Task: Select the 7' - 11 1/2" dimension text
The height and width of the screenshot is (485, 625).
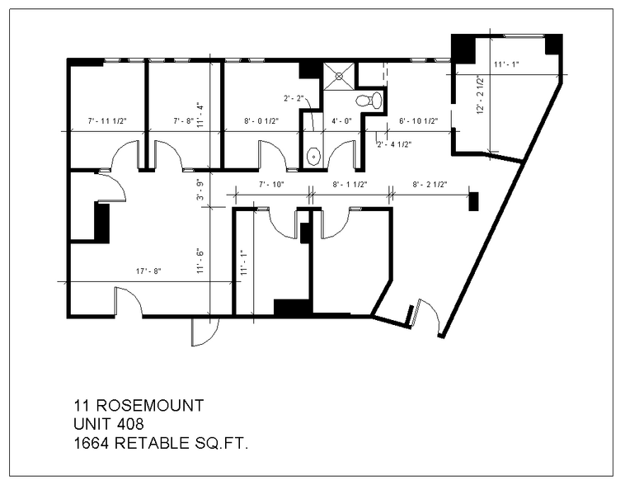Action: pyautogui.click(x=106, y=121)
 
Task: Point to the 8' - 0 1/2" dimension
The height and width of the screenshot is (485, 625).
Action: pyautogui.click(x=261, y=121)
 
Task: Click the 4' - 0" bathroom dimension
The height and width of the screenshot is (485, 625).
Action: pyautogui.click(x=341, y=121)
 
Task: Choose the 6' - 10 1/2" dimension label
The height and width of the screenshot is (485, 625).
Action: pyautogui.click(x=418, y=121)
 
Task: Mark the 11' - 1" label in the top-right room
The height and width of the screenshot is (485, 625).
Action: pyautogui.click(x=505, y=64)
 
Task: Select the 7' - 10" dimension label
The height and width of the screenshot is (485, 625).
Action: pyautogui.click(x=271, y=185)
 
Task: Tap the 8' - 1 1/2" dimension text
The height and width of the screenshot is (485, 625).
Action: pyautogui.click(x=350, y=185)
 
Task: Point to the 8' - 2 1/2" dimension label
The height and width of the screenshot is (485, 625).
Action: pyautogui.click(x=430, y=185)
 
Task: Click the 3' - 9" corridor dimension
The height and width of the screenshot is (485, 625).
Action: pyautogui.click(x=199, y=191)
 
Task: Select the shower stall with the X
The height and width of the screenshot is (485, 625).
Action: pyautogui.click(x=336, y=76)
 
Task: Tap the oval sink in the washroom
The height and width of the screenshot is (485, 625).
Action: pyautogui.click(x=313, y=156)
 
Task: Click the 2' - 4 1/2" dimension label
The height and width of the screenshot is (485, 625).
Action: pyautogui.click(x=394, y=144)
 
